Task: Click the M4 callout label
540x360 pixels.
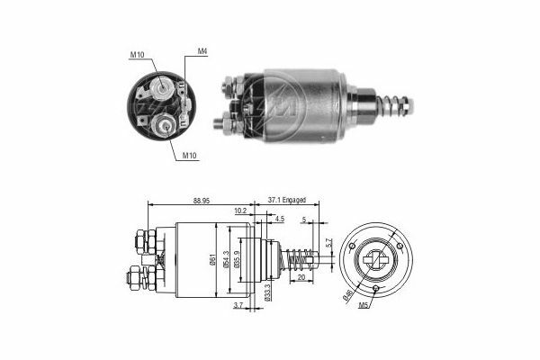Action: pos(203,51)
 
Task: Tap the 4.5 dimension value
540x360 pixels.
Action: pos(279,219)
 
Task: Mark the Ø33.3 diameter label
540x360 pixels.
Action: pos(268,291)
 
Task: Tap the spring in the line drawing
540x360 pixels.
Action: pos(296,261)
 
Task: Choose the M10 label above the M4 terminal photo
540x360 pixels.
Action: pos(137,55)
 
